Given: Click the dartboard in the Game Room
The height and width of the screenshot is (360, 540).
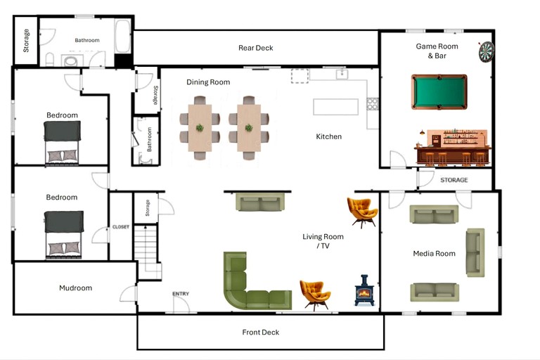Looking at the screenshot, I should click(x=487, y=51).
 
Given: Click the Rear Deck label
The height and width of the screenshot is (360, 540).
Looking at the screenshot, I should click(x=255, y=48).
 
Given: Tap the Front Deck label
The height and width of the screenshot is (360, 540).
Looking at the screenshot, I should click(x=260, y=333).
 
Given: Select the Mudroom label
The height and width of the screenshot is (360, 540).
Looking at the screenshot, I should click(x=75, y=288).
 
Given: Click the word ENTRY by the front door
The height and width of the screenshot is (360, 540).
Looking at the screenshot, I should click(x=181, y=294).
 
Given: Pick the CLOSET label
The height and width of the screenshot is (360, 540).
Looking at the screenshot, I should click(x=120, y=227).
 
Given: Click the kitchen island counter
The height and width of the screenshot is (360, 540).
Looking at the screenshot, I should click(x=336, y=106).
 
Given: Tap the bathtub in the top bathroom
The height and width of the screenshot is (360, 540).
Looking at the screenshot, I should click(x=122, y=37).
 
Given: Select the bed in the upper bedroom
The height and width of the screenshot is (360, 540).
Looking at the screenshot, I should click(x=63, y=141).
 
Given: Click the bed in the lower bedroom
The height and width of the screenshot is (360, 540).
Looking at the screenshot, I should click(x=64, y=234).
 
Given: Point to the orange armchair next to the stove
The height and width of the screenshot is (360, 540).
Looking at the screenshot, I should click(x=314, y=293).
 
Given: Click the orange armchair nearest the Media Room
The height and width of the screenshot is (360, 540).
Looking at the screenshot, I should click(x=363, y=211).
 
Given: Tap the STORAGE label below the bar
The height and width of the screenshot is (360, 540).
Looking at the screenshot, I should click(x=454, y=181).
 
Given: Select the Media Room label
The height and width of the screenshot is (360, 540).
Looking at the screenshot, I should click(x=434, y=253).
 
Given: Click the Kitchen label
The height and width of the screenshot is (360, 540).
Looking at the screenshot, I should click(x=328, y=136).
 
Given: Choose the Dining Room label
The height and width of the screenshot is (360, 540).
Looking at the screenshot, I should click(x=208, y=82).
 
